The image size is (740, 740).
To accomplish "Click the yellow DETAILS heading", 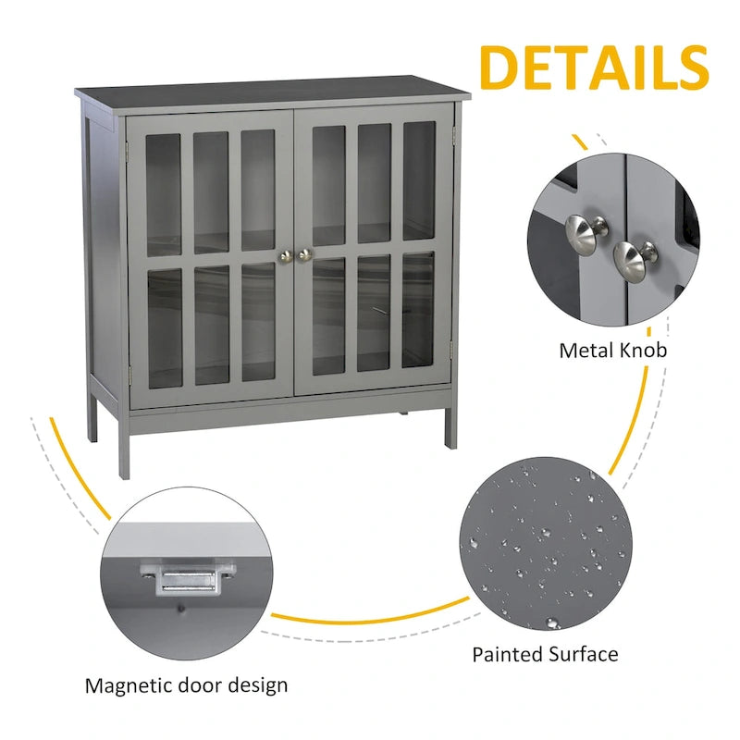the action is tap(594, 67).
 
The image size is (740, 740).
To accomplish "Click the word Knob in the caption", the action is tap(643, 351).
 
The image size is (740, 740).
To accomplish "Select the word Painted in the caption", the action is tap(506, 655).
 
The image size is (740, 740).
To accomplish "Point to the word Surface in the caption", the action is tap(582, 655).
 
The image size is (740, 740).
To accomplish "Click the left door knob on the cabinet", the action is tap(285, 256).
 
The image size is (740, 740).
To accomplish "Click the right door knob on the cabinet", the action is tap(305, 255).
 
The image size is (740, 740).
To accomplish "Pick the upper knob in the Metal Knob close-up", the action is tap(585, 234).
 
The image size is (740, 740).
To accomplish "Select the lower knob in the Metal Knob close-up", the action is tap(634, 262).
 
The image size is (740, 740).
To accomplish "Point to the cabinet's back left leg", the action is tap(92, 415).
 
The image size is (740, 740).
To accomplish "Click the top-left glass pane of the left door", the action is tap(164, 195).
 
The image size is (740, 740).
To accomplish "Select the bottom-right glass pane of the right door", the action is tap(418, 309).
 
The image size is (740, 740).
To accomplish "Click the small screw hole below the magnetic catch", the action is tap(180, 610).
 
